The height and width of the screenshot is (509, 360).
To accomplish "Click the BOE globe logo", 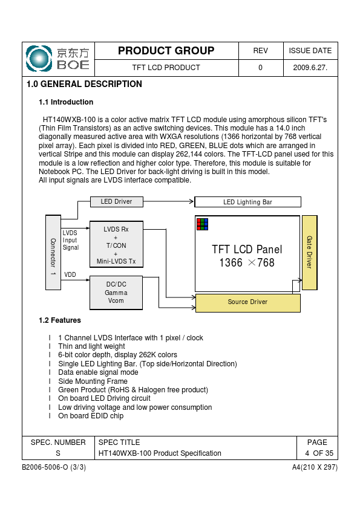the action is (39, 59).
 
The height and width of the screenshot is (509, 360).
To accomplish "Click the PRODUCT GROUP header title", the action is (166, 51).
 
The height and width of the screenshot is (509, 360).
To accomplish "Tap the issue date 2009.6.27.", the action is (310, 68).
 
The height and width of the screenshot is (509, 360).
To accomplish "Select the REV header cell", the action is (261, 51).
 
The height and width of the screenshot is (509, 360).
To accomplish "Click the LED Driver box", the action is (116, 201).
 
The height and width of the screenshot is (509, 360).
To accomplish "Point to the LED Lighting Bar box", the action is (247, 202).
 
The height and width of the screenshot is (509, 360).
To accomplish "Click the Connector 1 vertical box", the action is (53, 252).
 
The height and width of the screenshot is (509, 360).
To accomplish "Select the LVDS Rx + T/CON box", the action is (116, 244).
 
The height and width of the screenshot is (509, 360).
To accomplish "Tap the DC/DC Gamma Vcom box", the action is (116, 293).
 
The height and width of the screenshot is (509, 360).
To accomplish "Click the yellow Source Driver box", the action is (248, 303).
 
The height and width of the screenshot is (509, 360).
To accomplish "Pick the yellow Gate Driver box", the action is (310, 252).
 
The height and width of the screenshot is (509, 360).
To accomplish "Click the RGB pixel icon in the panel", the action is (202, 224).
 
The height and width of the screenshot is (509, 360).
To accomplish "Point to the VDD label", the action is (70, 274).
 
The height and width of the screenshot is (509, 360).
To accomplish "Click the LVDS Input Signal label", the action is (71, 240).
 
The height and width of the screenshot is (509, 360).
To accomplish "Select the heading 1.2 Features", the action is (60, 320).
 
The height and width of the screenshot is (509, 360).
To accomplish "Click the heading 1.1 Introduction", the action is (66, 102).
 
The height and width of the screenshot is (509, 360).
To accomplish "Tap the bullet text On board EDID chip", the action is (91, 416).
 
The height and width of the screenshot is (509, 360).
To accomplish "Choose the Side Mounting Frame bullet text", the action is (93, 381).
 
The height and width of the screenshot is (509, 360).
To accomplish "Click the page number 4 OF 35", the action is (319, 453).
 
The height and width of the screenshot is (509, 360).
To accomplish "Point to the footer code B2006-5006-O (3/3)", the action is (54, 467).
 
